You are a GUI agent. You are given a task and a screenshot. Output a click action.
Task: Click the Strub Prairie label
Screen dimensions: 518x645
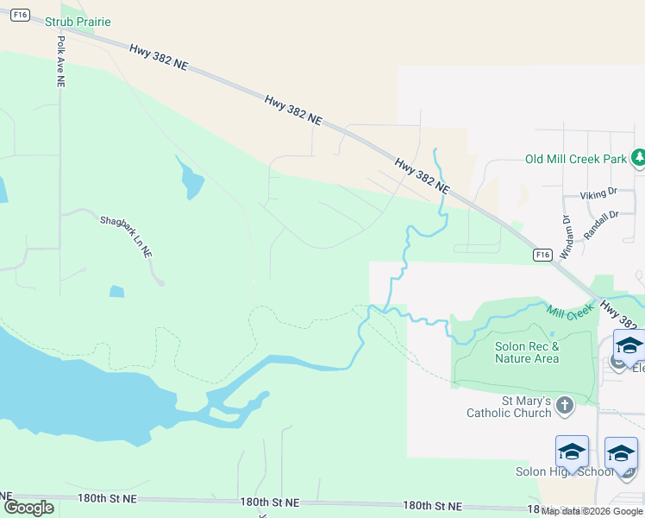(78, 22)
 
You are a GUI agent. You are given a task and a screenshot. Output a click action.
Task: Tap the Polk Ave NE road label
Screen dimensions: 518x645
(61, 60)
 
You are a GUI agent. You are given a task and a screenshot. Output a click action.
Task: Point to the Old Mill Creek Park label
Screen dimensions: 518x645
(575, 159)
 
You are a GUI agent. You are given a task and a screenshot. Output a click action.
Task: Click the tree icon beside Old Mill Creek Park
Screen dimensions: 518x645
(638, 158)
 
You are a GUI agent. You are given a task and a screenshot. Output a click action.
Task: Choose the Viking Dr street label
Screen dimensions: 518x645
(598, 195)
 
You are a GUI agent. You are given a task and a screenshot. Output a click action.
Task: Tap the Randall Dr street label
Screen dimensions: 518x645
(602, 226)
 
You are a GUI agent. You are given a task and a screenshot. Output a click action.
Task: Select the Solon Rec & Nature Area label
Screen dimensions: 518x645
(527, 352)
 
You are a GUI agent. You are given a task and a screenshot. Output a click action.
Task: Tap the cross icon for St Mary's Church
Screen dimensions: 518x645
(564, 405)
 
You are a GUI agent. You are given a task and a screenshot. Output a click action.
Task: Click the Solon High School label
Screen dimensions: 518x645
(552, 471)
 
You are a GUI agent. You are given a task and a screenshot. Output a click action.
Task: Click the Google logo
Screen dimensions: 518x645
(28, 508)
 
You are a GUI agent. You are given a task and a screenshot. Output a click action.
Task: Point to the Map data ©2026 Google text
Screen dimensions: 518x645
(591, 511)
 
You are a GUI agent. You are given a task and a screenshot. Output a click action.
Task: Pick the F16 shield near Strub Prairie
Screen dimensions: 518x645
(22, 15)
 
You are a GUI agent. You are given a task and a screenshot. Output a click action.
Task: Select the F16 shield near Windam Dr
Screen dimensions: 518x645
(542, 255)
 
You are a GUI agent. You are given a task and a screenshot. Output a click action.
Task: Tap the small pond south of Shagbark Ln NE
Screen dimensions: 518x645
(116, 291)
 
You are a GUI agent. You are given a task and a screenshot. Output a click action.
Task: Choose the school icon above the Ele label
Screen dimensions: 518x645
(629, 344)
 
